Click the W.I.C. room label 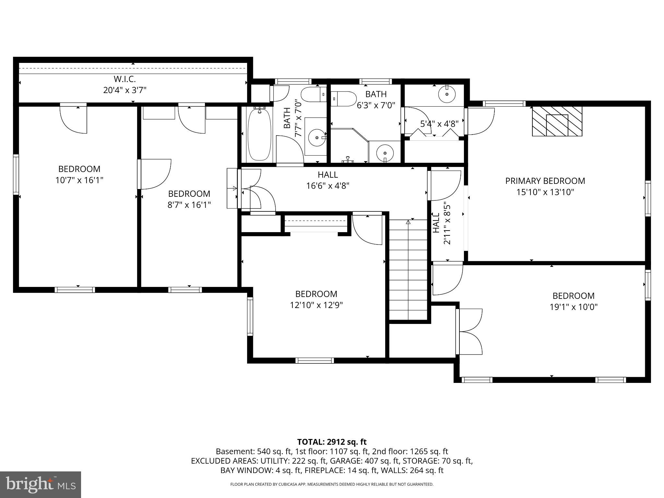tap(124, 79)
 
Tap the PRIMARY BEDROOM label tap(545, 181)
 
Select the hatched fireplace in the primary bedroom tap(557, 121)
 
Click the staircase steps tap(408, 269)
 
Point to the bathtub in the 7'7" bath tap(259, 135)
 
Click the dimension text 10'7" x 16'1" tap(79, 180)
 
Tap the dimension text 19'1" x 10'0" tap(573, 307)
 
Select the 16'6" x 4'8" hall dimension tap(328, 186)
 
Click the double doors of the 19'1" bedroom tap(470, 332)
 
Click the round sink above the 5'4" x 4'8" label tap(447, 94)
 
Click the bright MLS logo tap(41, 484)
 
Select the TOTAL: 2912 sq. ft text tap(332, 442)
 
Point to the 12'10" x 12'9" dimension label tap(316, 305)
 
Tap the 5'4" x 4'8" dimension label tap(439, 124)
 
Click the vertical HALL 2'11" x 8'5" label tap(442, 224)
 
